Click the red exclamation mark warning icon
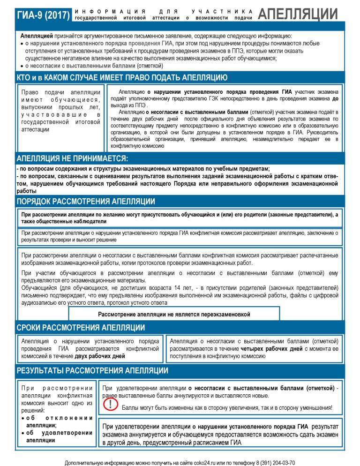point(110,406)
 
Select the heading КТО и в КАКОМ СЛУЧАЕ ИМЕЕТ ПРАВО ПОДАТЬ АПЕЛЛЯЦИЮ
point(122,77)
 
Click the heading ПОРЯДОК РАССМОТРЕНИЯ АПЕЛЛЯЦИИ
point(86,202)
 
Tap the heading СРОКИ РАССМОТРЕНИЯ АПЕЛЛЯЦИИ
point(81,327)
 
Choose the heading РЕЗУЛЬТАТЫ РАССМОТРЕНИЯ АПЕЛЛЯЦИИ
point(92,371)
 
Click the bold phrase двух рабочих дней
point(100,356)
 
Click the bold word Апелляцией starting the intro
point(37,36)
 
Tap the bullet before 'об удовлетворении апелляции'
point(23,433)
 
